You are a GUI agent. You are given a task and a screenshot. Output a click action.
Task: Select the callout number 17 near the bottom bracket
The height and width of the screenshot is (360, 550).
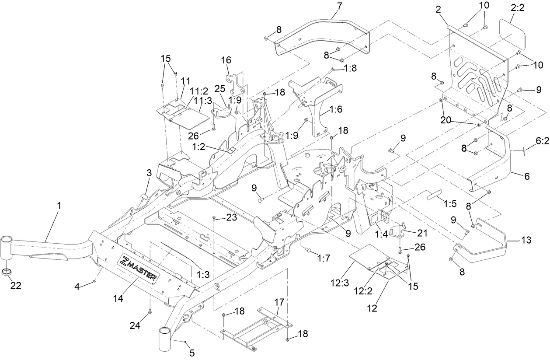point(279,302)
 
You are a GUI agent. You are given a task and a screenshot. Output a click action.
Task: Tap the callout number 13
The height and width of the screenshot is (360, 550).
point(526,240)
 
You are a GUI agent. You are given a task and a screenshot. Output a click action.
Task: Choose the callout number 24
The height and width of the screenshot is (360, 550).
point(135,325)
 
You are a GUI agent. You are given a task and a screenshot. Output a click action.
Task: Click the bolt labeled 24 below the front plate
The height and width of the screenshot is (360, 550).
point(150,311)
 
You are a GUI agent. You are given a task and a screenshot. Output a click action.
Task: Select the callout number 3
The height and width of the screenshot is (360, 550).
point(149,174)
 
